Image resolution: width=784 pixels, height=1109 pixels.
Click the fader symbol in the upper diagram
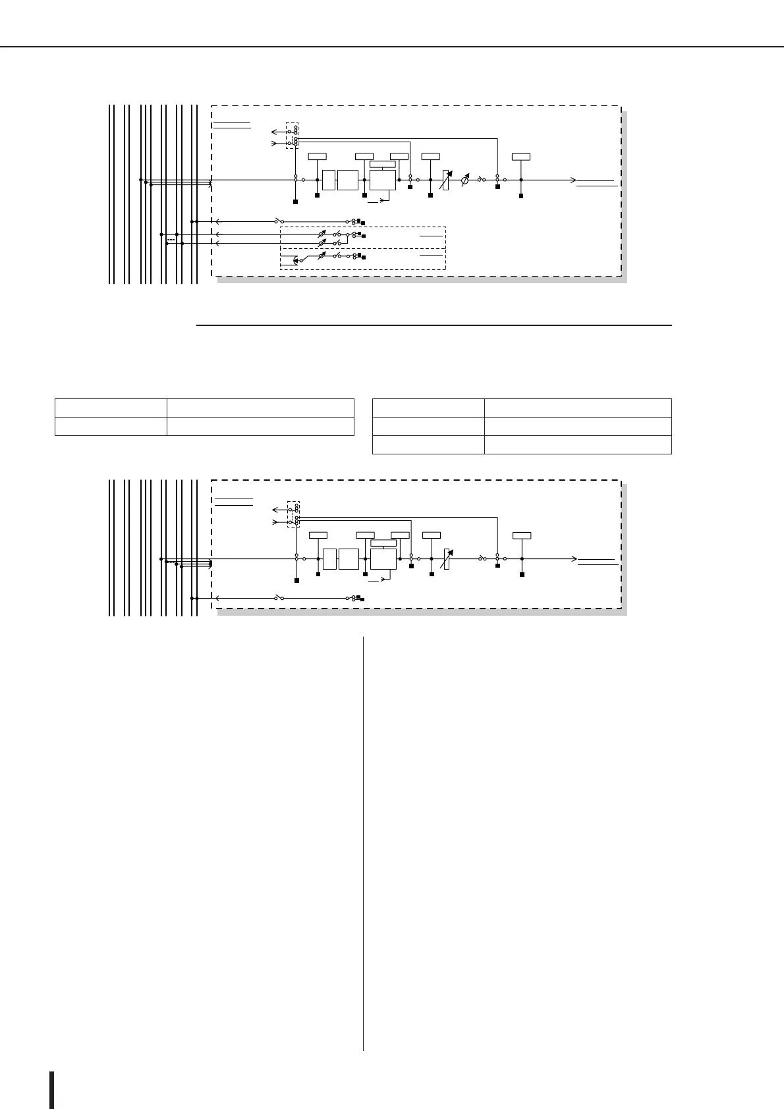446,179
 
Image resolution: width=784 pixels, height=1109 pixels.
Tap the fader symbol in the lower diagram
447,558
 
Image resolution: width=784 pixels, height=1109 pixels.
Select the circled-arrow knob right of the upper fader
465,179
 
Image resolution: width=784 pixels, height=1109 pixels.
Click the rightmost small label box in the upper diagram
521,156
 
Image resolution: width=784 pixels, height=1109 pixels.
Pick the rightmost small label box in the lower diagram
522,535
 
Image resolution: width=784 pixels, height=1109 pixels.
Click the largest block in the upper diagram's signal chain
383,179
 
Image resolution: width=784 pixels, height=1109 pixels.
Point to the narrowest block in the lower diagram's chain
329,558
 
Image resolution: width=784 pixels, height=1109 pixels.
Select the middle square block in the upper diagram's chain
347,179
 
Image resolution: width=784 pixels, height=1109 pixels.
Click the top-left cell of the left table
110,407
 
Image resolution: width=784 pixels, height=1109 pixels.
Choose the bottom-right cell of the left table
260,426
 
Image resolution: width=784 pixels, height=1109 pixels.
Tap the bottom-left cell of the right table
428,445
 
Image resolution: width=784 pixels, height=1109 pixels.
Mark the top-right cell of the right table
578,407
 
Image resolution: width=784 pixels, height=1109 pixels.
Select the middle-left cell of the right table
428,426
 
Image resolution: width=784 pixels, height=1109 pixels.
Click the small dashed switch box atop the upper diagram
292,135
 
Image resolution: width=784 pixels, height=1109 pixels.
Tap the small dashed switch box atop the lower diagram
294,513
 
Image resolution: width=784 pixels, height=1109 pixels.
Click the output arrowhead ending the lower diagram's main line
574,558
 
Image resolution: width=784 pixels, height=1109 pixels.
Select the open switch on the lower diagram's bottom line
279,598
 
